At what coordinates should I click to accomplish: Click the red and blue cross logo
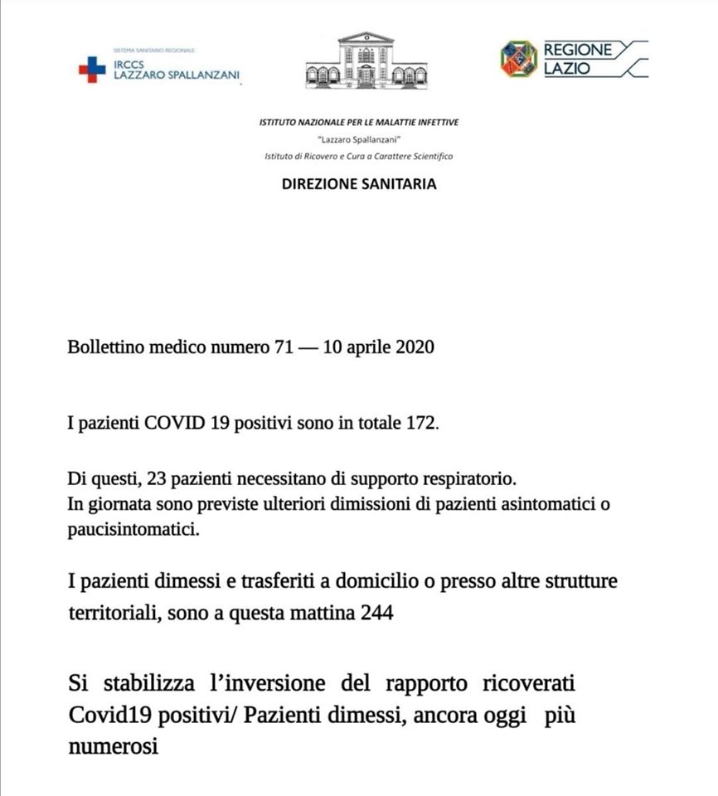tap(91, 69)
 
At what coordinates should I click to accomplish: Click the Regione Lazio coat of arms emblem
tap(518, 58)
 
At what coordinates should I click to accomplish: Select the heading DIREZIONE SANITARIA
tap(359, 184)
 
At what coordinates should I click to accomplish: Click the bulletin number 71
tap(283, 348)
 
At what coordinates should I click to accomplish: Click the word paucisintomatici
tap(133, 530)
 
